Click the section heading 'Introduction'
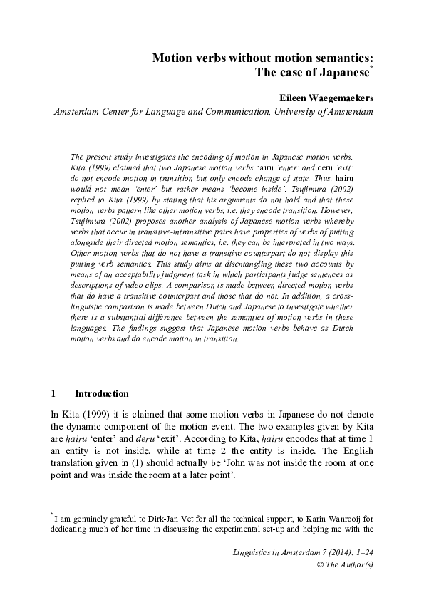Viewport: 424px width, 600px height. [x=102, y=393]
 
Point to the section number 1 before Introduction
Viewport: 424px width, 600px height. [x=54, y=393]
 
